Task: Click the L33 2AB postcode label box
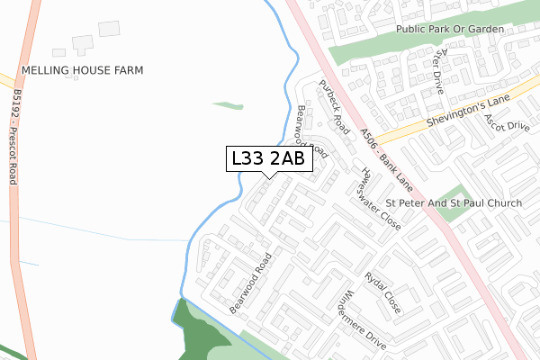pyautogui.click(x=268, y=158)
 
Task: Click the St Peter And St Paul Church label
pyautogui.click(x=454, y=203)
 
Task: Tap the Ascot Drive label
pyautogui.click(x=506, y=121)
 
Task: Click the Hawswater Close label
pyautogui.click(x=379, y=198)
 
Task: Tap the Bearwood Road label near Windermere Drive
pyautogui.click(x=250, y=283)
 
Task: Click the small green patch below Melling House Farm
pyautogui.click(x=228, y=105)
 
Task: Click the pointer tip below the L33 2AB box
pyautogui.click(x=268, y=177)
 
